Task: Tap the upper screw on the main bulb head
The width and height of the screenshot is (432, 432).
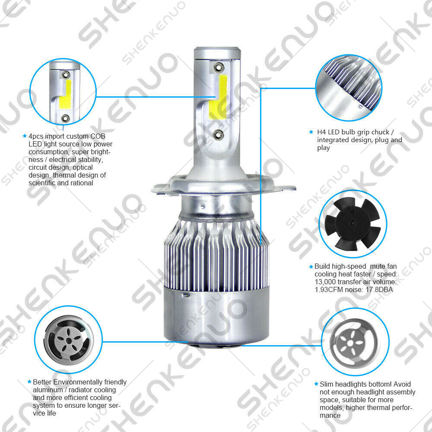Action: pos(219,67)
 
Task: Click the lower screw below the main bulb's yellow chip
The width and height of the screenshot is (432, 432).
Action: pos(219,134)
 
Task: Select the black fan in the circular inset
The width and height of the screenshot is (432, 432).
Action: pos(353,224)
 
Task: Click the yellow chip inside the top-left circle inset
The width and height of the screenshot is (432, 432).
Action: pos(65,94)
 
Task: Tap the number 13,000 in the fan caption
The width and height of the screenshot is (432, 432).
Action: pos(325,282)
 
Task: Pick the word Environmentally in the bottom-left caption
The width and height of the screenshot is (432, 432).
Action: pos(80,382)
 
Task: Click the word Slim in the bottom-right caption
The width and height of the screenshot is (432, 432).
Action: pos(327,384)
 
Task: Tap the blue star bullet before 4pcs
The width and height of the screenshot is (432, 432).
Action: pos(25,136)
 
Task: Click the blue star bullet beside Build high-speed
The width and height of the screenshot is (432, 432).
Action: pos(311,267)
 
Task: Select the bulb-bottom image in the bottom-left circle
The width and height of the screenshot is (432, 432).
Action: pos(68,340)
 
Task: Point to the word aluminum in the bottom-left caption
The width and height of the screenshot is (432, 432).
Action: pos(48,390)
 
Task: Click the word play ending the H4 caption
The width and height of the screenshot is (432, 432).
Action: pos(324,148)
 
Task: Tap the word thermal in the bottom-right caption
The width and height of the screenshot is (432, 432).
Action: pos(381,407)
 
